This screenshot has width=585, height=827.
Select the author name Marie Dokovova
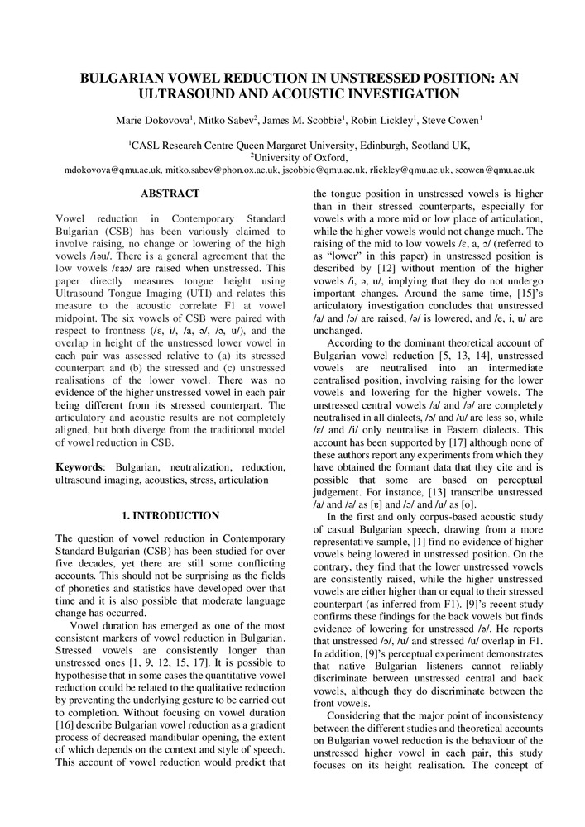coord(154,122)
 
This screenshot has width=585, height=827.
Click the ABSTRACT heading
coord(170,194)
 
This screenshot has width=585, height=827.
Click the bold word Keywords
coord(79,467)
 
